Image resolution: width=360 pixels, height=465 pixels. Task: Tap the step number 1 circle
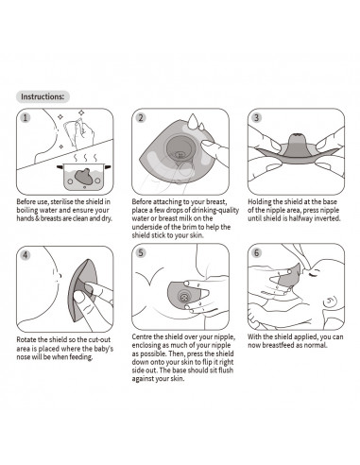[x=26, y=119]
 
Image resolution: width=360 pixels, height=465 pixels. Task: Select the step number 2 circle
[x=141, y=119]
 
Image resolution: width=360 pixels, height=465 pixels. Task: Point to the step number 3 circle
[x=256, y=119]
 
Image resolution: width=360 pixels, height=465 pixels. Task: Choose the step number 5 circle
[x=141, y=253]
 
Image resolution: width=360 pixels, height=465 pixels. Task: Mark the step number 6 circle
[x=256, y=253]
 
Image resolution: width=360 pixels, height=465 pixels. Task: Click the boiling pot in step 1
[x=86, y=175]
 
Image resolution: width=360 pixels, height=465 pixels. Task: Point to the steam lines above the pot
[x=85, y=154]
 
